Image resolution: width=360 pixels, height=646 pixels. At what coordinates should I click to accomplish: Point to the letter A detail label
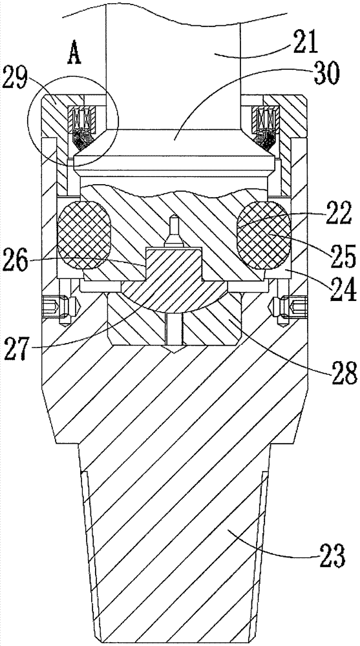coord(74,54)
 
